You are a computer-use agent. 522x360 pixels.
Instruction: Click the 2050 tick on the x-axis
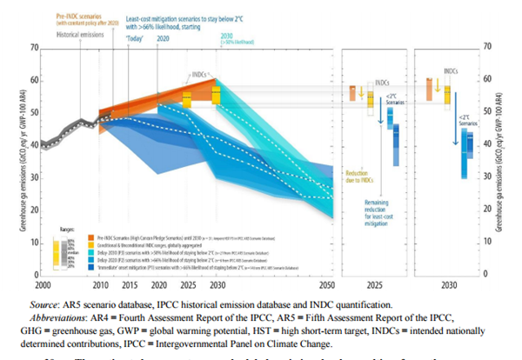click(x=327, y=285)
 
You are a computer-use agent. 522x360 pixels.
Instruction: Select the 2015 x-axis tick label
click(x=130, y=285)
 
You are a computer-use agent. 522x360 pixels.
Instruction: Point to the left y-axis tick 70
click(x=27, y=47)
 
